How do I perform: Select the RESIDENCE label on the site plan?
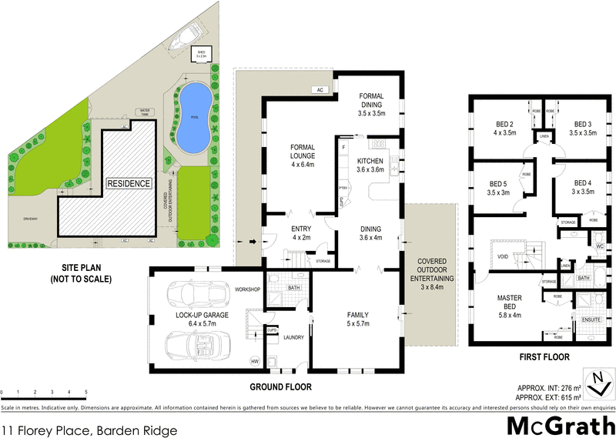tap(129, 184)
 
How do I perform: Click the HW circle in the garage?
tap(255, 362)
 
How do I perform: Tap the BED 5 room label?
tap(499, 188)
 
